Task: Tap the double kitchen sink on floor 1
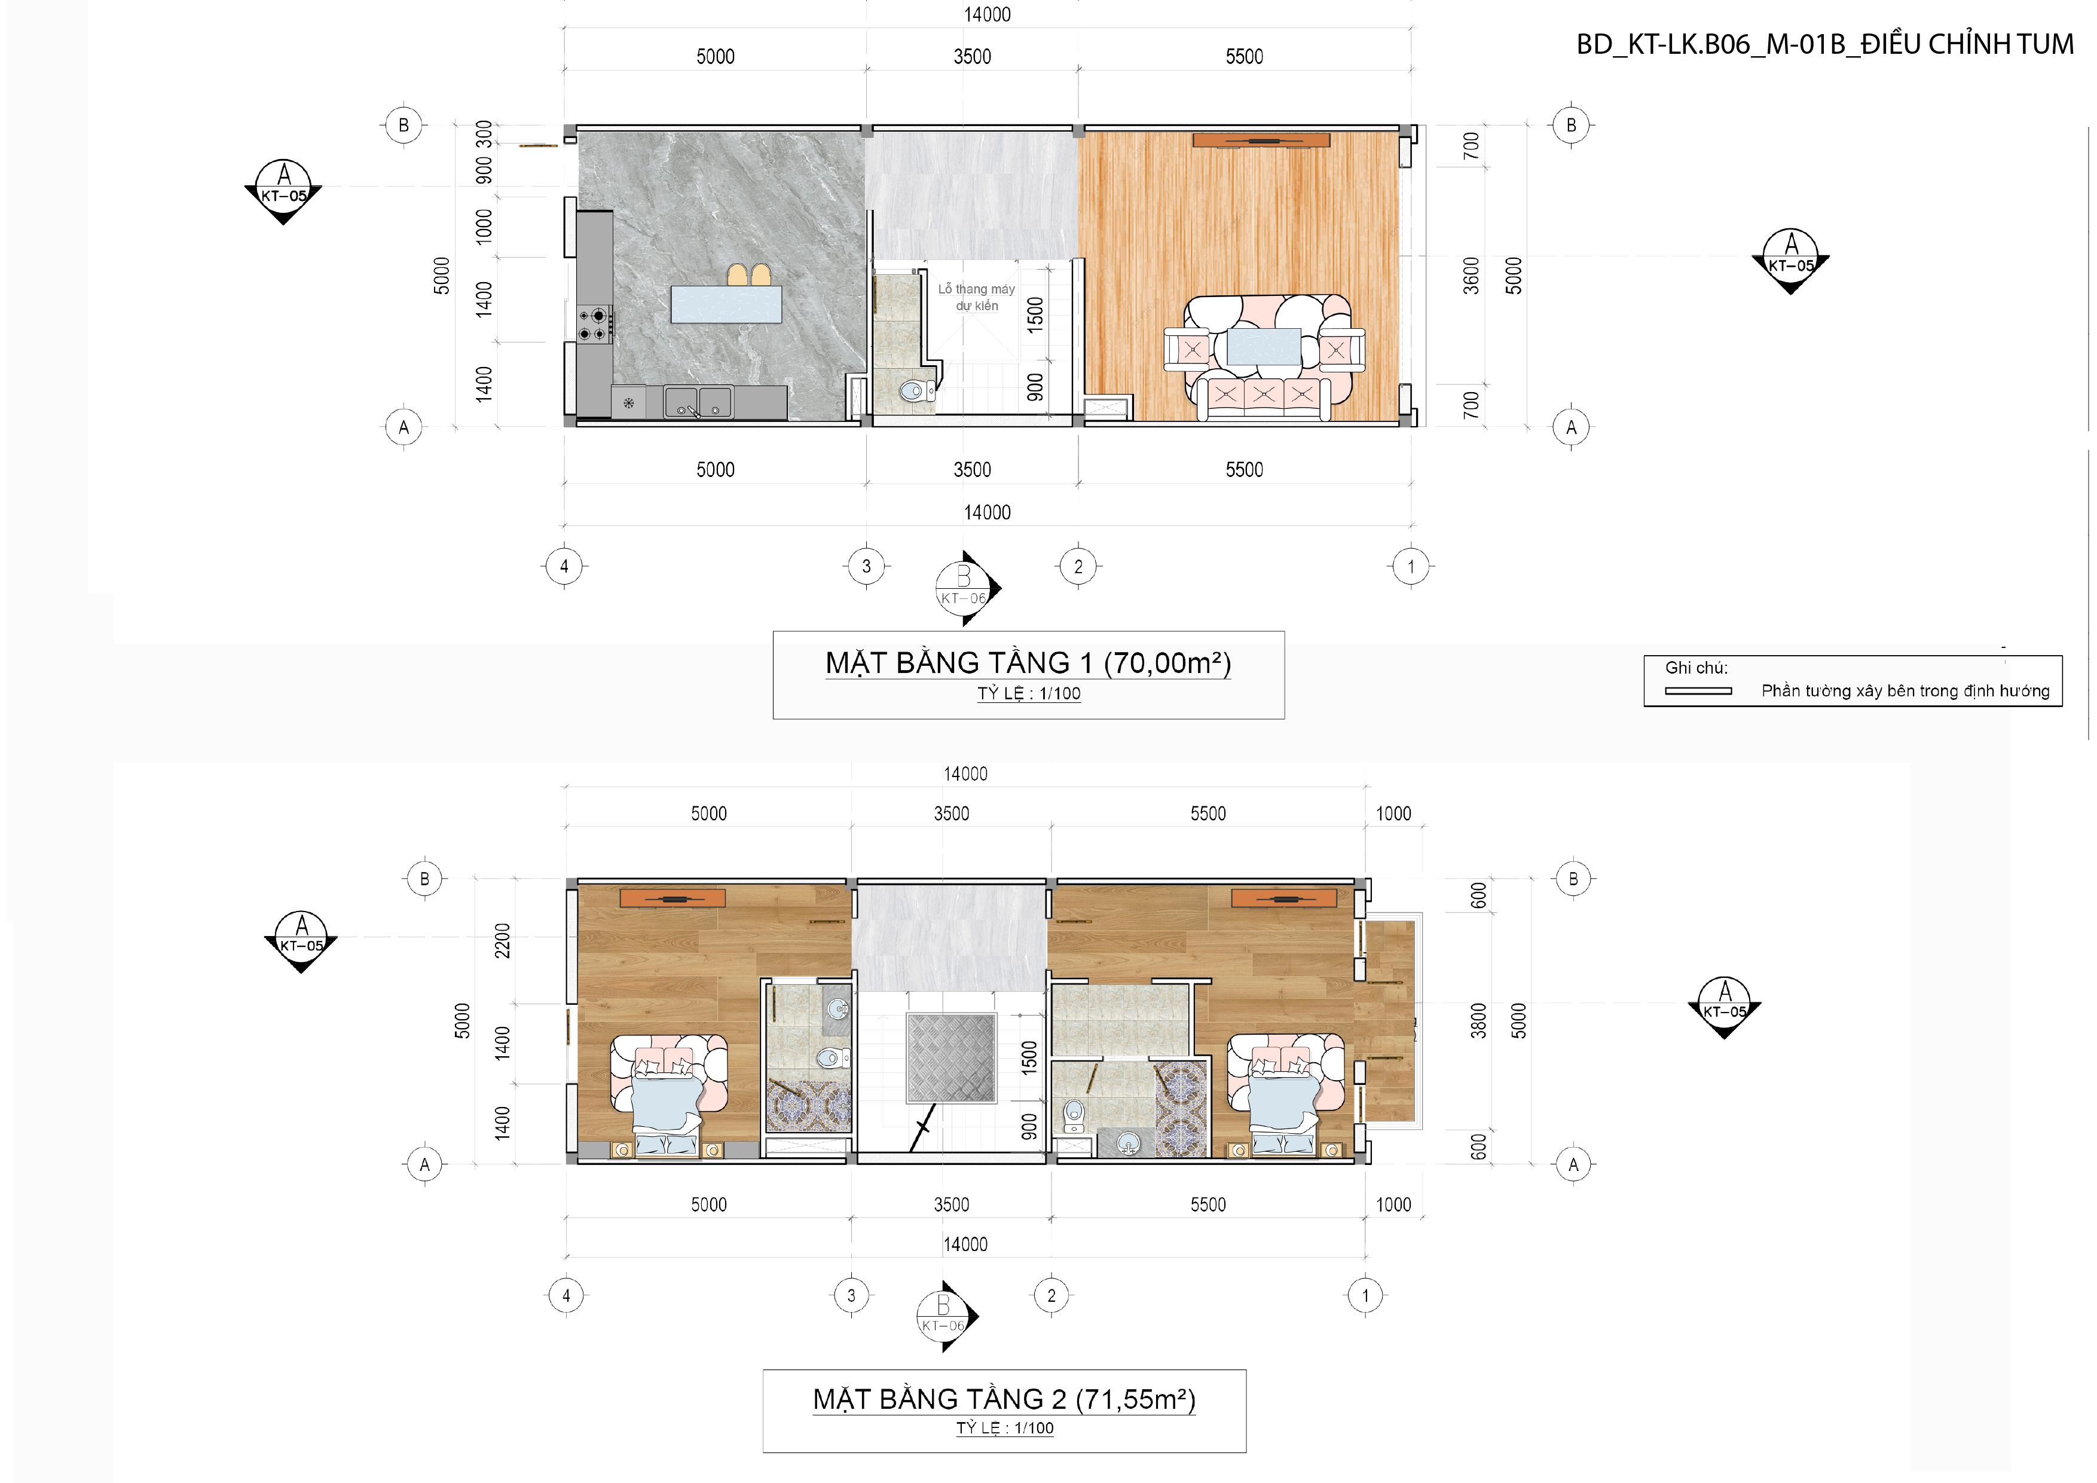coord(698,402)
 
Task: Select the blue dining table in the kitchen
coord(726,304)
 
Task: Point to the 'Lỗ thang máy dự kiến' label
coord(976,298)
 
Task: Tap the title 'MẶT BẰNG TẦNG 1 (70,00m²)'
coord(1028,663)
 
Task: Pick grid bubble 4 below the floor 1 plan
coord(564,566)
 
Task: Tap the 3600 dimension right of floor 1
coord(1471,276)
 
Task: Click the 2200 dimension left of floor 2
coord(502,941)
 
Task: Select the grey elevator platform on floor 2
coord(951,1057)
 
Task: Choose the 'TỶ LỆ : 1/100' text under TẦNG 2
coord(1005,1427)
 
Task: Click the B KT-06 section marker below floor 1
coord(966,587)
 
